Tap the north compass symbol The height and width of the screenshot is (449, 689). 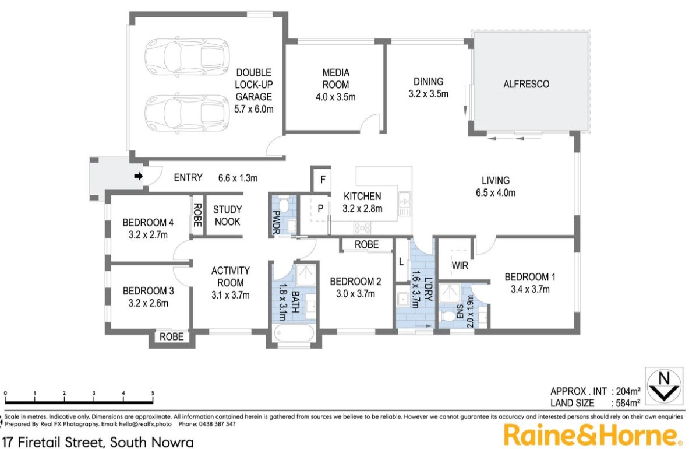pos(663,385)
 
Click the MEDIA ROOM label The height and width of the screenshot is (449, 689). pos(336,78)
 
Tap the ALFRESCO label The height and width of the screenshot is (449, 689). pos(526,84)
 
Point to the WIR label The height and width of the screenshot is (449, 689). pos(460,266)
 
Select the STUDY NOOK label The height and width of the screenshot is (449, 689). pos(227,215)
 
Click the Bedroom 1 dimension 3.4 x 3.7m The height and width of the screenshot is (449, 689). pos(530,289)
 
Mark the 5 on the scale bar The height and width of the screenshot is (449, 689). pos(153,393)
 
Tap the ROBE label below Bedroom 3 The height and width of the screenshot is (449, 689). pos(171,336)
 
